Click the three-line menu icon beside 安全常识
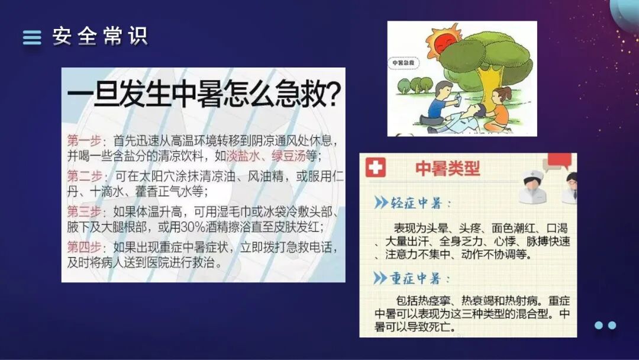coord(32,37)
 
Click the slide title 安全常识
coord(99,37)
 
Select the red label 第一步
coord(82,142)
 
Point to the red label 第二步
coord(82,176)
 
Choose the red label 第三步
coord(82,211)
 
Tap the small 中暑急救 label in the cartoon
coord(404,62)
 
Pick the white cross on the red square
coord(375,168)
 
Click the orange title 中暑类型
coord(447,168)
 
